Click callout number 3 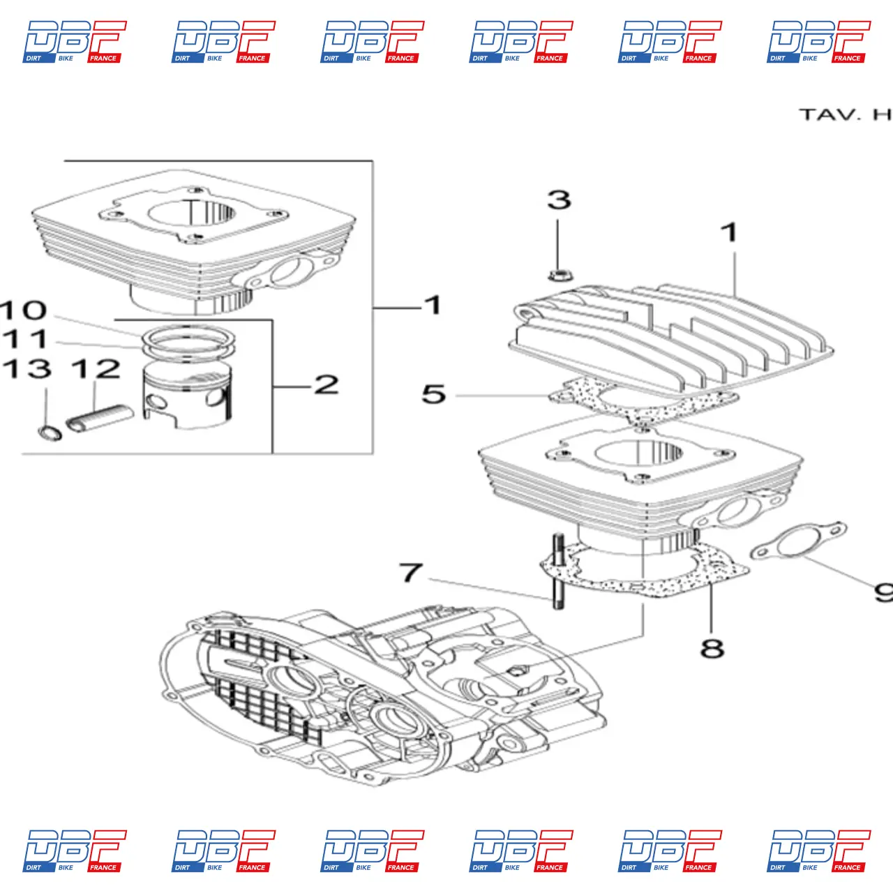[x=559, y=200]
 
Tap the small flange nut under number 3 [x=557, y=274]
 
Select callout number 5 [x=433, y=394]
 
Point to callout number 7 [x=411, y=573]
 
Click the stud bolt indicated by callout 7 [x=558, y=572]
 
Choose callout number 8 [x=712, y=648]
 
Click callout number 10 [x=24, y=310]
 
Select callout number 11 [x=26, y=340]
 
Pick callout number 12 [x=96, y=369]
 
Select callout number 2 [x=327, y=384]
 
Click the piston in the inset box [x=187, y=398]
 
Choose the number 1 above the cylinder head [x=729, y=233]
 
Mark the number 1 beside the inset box [x=433, y=306]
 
